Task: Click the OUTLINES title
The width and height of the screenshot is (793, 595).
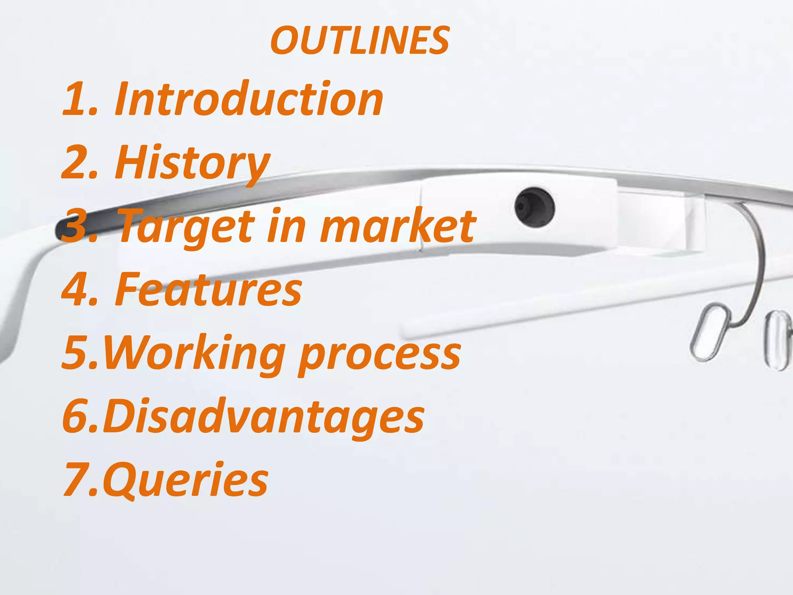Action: tap(360, 41)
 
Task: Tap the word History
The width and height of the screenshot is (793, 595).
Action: tap(192, 162)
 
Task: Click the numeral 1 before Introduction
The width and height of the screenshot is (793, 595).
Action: tap(76, 100)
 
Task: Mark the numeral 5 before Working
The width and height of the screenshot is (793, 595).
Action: tap(76, 352)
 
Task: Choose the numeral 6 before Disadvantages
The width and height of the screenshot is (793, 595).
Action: tap(76, 416)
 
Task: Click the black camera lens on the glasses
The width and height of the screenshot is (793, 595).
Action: tap(535, 208)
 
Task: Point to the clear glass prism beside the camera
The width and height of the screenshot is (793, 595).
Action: tap(658, 221)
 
